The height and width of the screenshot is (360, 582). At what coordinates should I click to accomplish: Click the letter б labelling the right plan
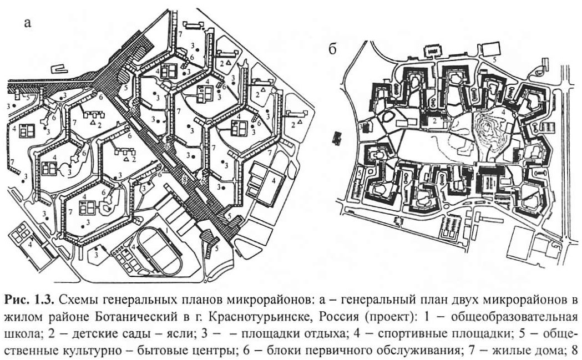pos(332,48)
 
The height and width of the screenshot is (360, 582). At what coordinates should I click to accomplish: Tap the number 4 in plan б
pos(503,111)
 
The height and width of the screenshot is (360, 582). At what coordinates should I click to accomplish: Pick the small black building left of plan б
pos(337,138)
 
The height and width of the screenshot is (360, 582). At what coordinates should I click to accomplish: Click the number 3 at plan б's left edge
pos(361,127)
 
